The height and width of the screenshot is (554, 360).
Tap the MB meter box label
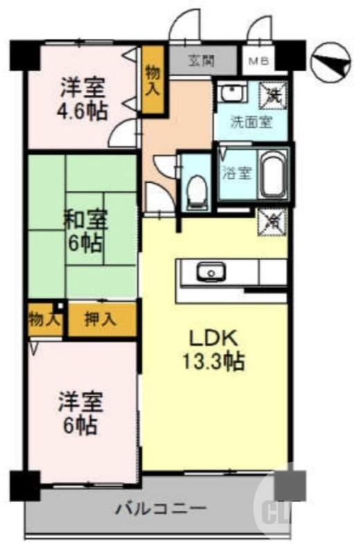point(258,61)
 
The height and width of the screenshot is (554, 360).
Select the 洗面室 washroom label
point(251,123)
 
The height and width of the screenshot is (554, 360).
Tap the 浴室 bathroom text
point(235,173)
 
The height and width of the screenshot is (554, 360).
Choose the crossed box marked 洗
point(270,94)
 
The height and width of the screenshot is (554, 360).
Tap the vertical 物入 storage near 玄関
point(154,78)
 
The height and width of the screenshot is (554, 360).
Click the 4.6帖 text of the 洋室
point(82,111)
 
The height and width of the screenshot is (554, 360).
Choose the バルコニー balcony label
point(161,510)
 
